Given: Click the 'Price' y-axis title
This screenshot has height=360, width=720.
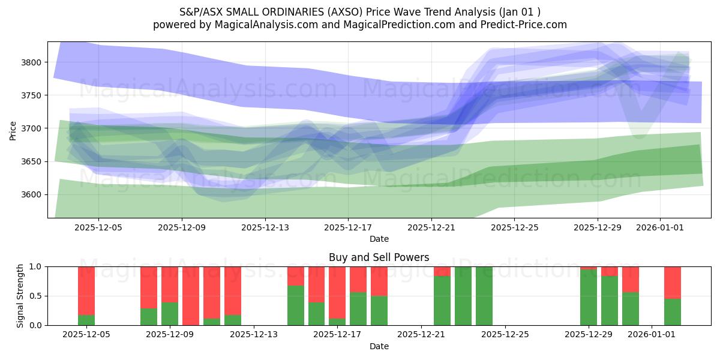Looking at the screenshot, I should (13, 130).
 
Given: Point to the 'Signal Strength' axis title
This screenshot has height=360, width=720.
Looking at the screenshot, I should (21, 296).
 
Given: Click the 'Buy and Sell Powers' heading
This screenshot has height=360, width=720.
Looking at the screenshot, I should (379, 257).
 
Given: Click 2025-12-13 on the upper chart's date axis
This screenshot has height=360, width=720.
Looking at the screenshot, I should (265, 228).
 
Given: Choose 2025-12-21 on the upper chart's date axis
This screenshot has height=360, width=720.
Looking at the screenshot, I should (431, 228).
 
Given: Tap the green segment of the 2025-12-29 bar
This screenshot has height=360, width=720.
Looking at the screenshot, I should (588, 298).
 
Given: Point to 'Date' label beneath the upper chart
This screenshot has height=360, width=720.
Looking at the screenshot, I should (379, 239).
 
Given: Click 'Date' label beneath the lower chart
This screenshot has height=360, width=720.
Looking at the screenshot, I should (379, 346).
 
